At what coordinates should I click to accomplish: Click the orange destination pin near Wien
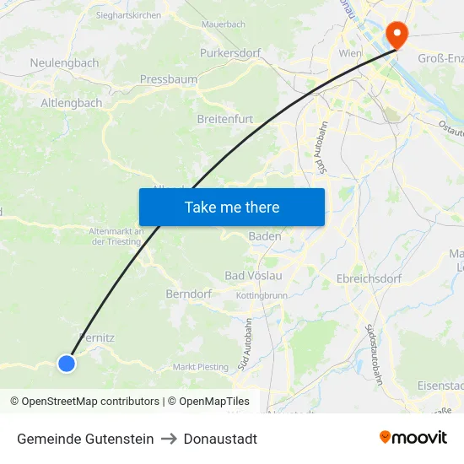pos(395,34)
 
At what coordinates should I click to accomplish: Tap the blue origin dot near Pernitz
pos(67,364)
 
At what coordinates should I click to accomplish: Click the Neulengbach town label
pos(64,63)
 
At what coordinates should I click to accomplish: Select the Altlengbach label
pos(72,103)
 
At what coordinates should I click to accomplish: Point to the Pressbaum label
pos(169,79)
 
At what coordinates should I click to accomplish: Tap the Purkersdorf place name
pos(230,52)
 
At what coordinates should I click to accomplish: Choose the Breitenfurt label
pos(225,119)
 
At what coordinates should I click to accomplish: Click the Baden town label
pos(265,237)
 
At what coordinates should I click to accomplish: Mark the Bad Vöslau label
pos(253,276)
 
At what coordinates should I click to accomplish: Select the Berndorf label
pos(188,294)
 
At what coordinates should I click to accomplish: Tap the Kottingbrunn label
pos(262,296)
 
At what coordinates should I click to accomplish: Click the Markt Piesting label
pos(201,367)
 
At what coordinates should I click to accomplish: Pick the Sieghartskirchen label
pos(128,15)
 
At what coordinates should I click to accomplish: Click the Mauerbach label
pos(224,24)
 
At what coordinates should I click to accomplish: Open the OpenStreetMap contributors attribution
pos(89,402)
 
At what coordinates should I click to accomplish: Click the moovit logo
pos(413,438)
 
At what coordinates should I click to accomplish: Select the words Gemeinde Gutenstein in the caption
pos(85,439)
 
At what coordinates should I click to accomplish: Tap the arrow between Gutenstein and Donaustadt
pos(168,439)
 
